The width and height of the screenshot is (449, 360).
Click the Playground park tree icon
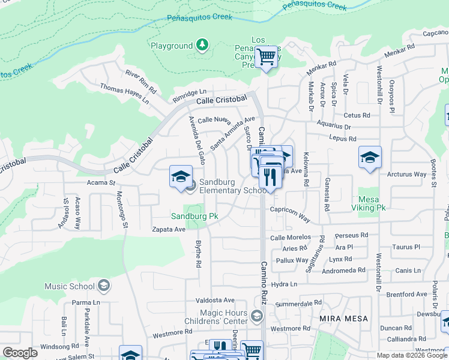202,45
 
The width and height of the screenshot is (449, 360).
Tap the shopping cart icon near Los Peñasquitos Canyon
266,58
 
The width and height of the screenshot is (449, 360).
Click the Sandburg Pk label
194,216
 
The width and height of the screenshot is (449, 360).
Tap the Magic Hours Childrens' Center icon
257,316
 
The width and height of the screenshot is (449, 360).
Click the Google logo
20,353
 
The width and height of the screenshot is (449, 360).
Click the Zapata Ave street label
169,229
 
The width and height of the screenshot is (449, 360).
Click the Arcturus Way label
407,175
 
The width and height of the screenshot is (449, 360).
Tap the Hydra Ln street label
285,284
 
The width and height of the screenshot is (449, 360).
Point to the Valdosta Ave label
217,300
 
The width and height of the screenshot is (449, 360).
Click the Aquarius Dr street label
332,127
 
